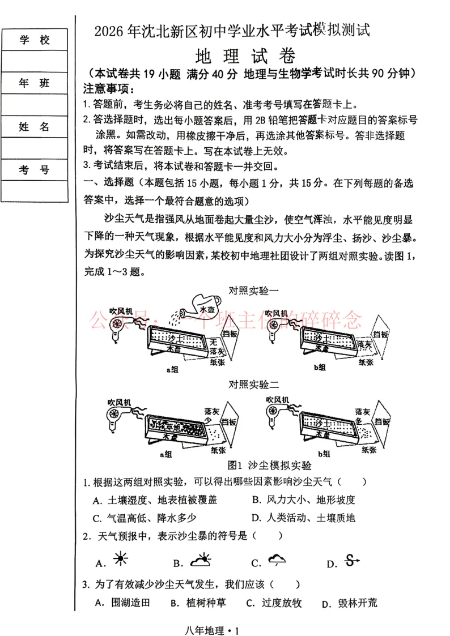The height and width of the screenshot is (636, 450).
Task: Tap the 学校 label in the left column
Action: [x=35, y=40]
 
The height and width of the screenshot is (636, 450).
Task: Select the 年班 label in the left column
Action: [x=35, y=83]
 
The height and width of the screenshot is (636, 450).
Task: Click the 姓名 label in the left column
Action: [x=35, y=127]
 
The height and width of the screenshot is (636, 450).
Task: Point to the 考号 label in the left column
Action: [x=35, y=170]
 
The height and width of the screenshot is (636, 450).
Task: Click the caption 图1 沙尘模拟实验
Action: [x=269, y=466]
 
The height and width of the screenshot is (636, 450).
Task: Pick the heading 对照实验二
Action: [x=253, y=385]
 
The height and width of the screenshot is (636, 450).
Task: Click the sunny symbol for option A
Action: [x=120, y=560]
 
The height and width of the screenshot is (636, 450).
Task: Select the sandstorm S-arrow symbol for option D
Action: [x=353, y=561]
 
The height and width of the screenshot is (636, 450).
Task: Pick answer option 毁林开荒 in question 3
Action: [x=356, y=603]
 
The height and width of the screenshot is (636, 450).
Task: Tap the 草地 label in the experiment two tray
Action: [x=171, y=426]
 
